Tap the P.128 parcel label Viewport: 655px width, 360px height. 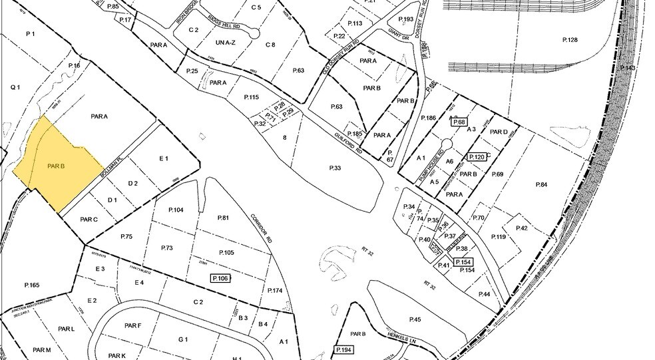coord(569,41)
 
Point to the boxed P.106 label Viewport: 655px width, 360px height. coord(220,277)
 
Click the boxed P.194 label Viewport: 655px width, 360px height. coord(344,349)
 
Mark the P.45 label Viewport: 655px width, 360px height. coord(415,319)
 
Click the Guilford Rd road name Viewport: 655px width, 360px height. coord(349,140)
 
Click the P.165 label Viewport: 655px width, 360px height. coord(31,285)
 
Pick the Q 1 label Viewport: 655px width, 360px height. coord(16,87)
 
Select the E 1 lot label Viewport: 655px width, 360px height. coord(164,158)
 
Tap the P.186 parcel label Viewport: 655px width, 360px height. coord(429,117)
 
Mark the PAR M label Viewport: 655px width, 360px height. coord(41,350)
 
